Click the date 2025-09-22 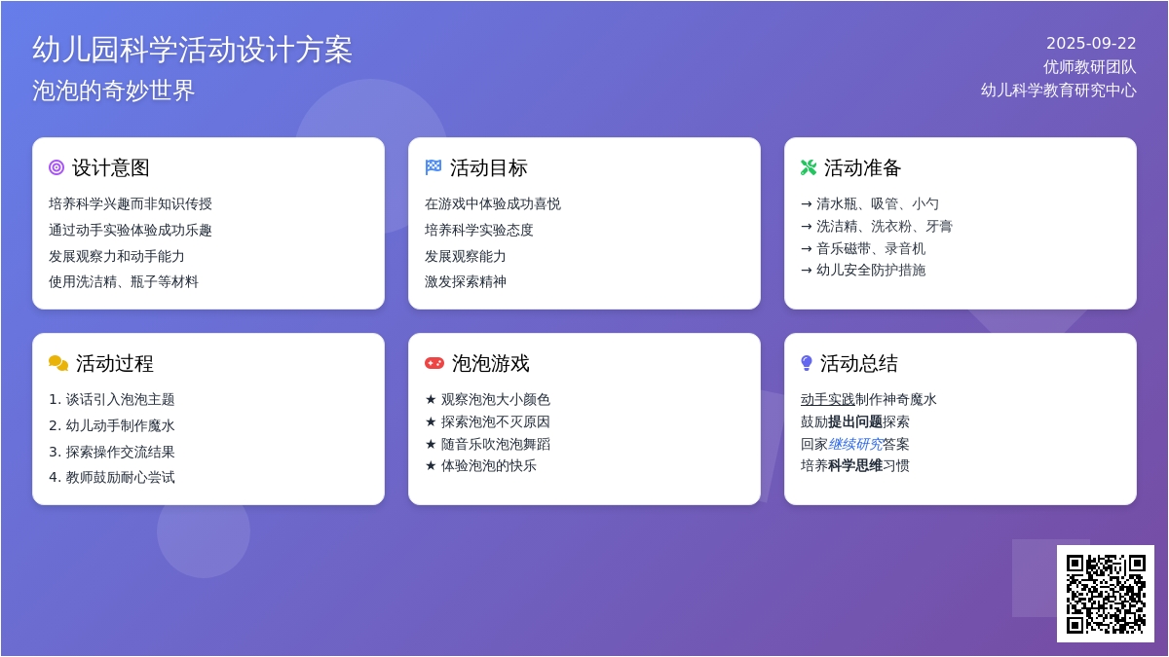[x=1091, y=43]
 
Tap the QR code [x=1106, y=594]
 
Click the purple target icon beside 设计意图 [x=57, y=167]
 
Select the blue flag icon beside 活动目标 [x=434, y=167]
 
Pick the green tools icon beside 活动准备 [x=809, y=167]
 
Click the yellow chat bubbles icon [x=57, y=363]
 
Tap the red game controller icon [x=434, y=363]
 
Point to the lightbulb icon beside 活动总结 [x=807, y=363]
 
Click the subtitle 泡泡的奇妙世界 [x=113, y=91]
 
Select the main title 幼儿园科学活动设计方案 [x=192, y=50]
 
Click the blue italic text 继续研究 [x=855, y=444]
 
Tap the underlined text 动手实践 [x=828, y=399]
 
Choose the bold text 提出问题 [x=855, y=421]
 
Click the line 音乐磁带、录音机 [x=871, y=249]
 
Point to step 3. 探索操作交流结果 [x=112, y=452]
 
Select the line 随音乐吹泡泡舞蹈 [x=496, y=444]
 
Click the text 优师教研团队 [x=1090, y=67]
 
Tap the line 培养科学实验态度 [x=479, y=230]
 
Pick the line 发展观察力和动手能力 [x=116, y=256]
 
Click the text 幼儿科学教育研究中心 [x=1058, y=91]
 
